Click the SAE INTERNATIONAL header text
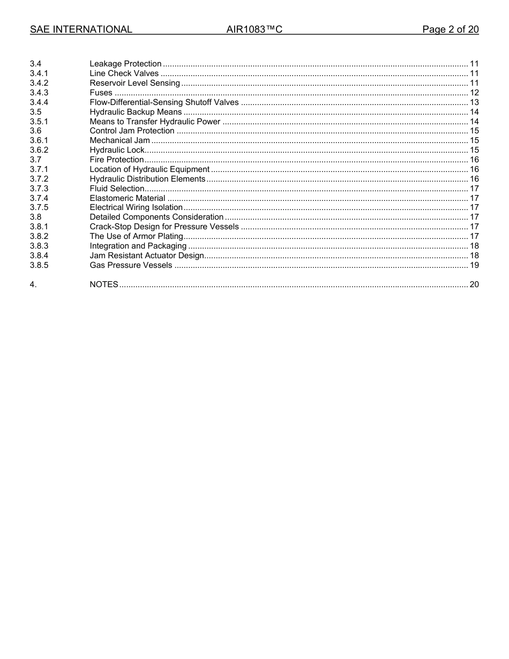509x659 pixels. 81,29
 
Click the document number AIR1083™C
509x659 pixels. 254,29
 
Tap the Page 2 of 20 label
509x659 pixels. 450,29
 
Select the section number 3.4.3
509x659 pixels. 39,93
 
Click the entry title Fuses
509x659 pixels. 101,93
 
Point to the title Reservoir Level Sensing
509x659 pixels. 134,83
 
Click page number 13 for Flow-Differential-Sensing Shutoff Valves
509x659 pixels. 474,102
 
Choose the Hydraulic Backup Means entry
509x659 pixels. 136,112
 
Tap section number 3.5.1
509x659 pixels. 39,122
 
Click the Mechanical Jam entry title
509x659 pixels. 119,140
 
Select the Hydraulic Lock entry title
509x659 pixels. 117,150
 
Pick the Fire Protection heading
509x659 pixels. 116,160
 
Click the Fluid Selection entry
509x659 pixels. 117,189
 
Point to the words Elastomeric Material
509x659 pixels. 128,198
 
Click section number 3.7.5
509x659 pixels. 39,207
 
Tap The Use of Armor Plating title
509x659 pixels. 136,236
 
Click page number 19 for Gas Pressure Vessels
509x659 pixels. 474,265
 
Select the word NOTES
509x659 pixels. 104,284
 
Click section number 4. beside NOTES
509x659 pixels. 33,284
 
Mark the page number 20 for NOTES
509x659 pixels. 474,284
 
